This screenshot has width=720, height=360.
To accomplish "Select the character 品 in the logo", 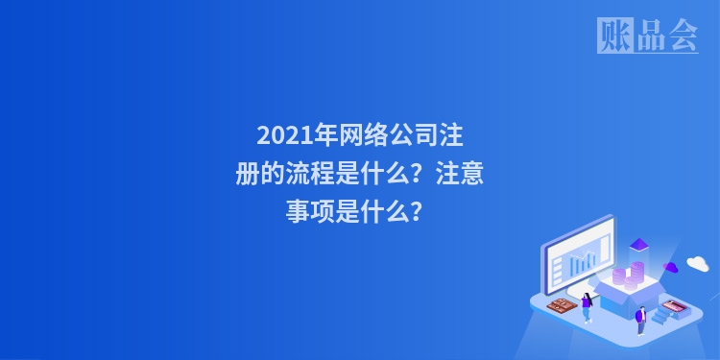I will (x=649, y=36).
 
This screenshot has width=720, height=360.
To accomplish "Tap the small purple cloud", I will (x=671, y=266).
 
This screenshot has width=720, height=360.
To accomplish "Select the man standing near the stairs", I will (x=640, y=319).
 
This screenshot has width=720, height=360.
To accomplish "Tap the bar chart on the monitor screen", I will (x=583, y=261).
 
